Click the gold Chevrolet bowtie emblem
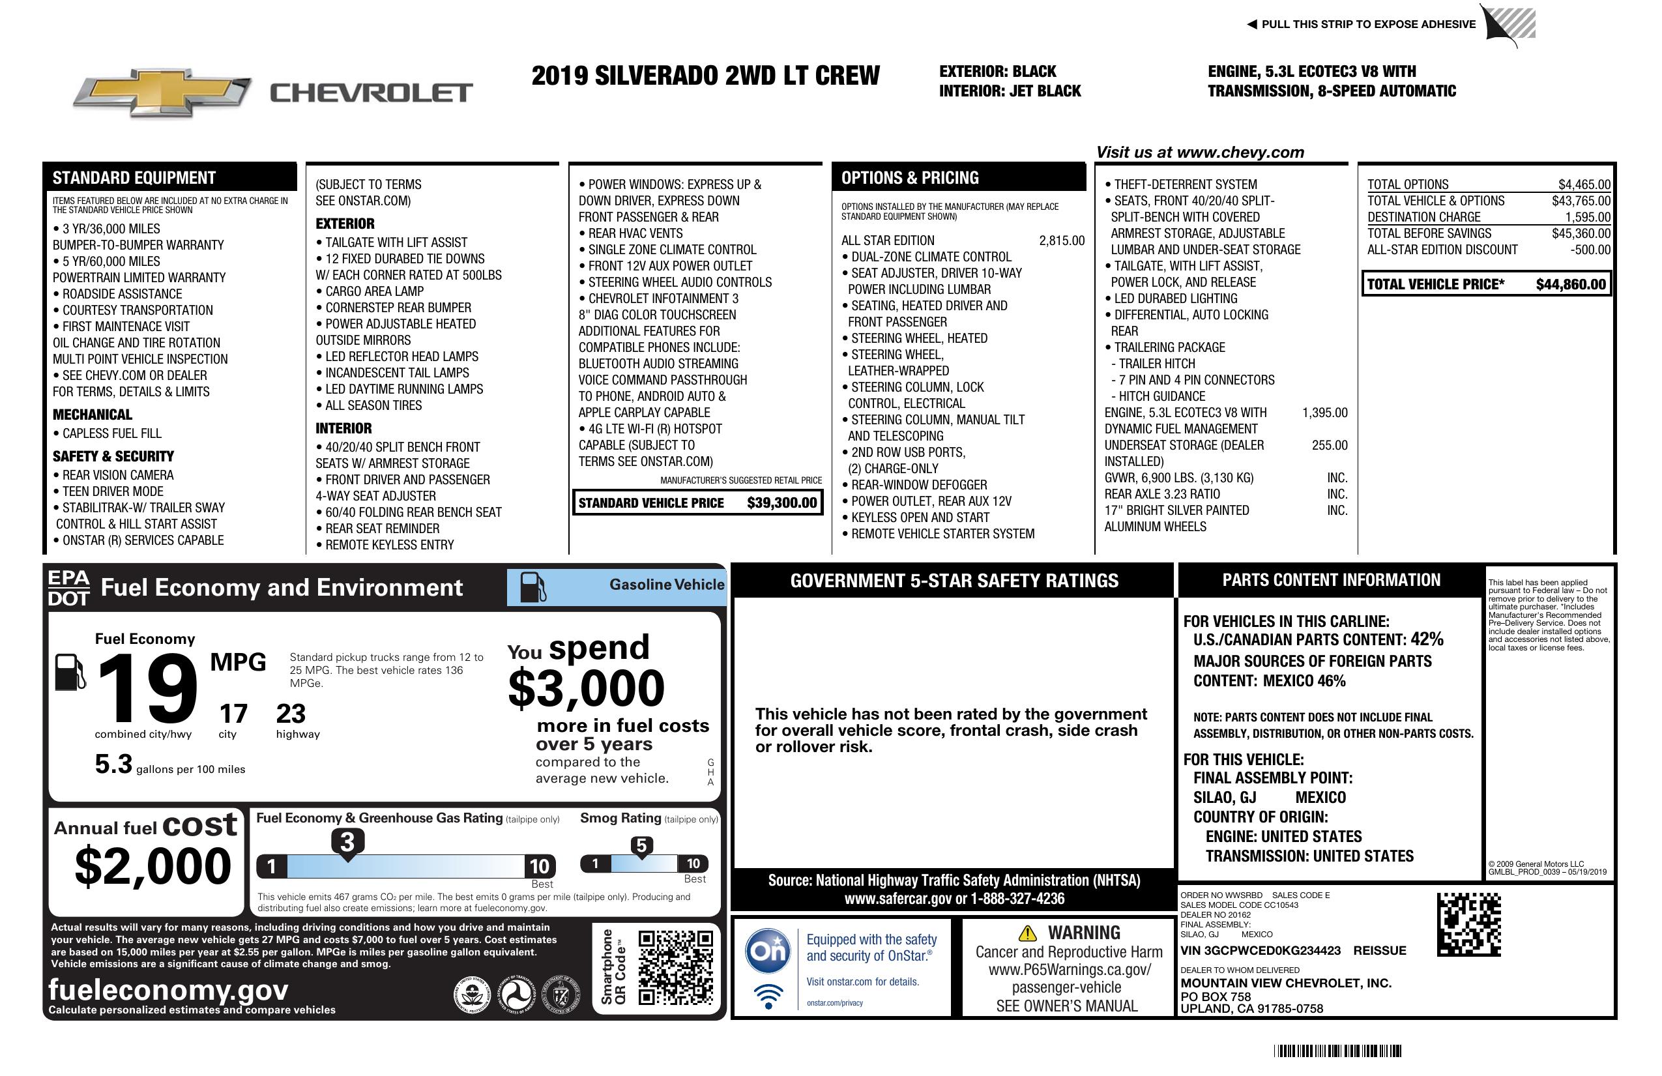click(162, 92)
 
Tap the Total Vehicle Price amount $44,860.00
click(1571, 284)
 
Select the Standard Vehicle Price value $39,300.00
click(781, 502)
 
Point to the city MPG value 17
click(233, 714)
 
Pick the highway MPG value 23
click(291, 714)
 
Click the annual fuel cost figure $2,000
click(153, 865)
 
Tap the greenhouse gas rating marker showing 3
click(347, 842)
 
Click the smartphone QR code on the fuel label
click(675, 967)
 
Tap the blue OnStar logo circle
click(768, 950)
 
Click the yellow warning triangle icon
click(1027, 933)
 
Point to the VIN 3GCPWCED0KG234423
click(1260, 950)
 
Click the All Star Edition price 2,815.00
click(1062, 241)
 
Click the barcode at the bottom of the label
click(1337, 1051)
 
